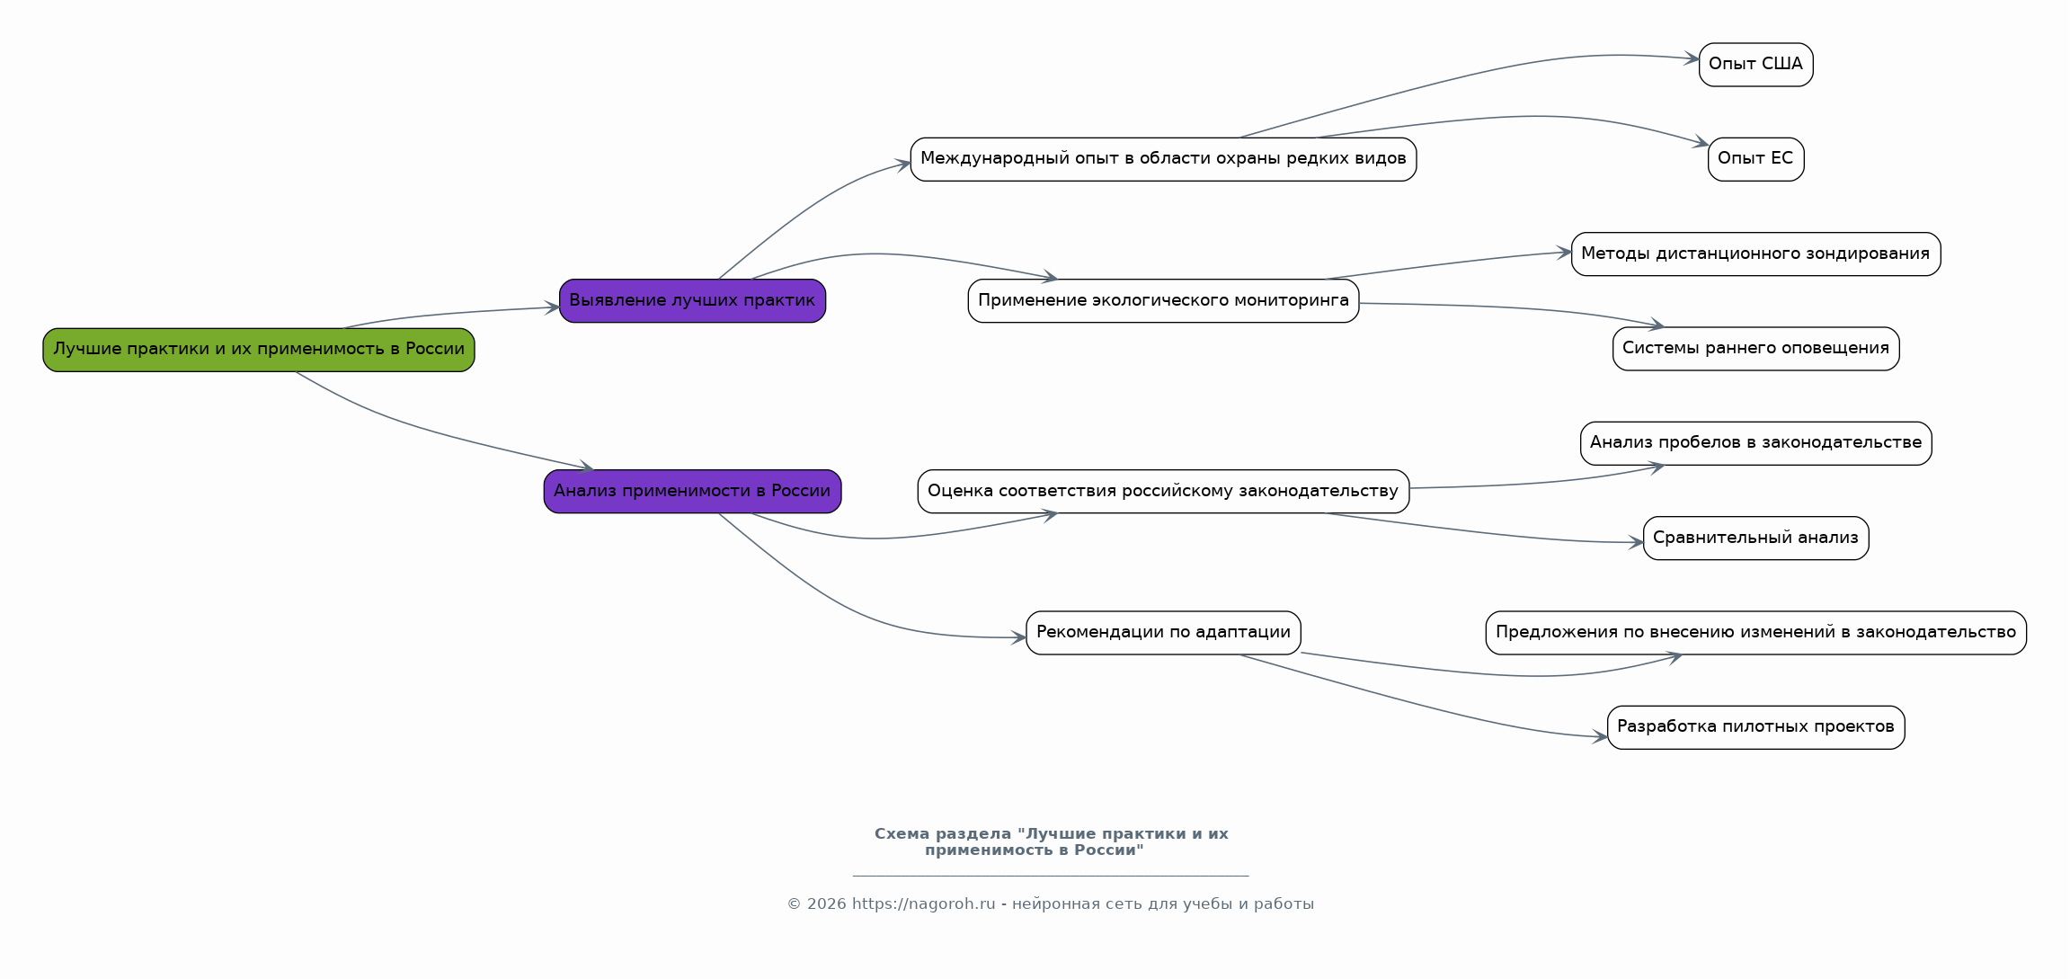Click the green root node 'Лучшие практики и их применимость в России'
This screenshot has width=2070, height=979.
(259, 350)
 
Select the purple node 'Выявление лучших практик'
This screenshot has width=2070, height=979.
(692, 301)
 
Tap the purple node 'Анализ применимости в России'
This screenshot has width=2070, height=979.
(692, 492)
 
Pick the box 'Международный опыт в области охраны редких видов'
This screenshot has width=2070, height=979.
(1163, 159)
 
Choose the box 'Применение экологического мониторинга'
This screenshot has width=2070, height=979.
(1163, 301)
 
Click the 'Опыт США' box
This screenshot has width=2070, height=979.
(1755, 65)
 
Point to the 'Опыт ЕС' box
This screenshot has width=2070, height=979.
(1755, 159)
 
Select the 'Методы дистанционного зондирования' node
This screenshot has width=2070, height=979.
(1755, 254)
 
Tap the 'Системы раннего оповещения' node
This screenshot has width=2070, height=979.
(1755, 349)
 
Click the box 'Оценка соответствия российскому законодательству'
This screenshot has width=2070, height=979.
(1163, 492)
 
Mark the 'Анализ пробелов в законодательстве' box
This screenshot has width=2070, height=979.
(1755, 443)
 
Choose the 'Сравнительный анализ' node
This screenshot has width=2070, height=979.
(1755, 538)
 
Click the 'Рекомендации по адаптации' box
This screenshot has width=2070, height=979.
(1163, 633)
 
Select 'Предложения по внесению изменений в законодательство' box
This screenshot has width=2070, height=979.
(1755, 633)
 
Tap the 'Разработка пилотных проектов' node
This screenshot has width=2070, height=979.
(1755, 727)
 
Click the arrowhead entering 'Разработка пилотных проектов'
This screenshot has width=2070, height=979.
(1600, 737)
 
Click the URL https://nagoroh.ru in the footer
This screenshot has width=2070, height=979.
(923, 904)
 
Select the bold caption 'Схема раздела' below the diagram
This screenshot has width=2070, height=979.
(943, 834)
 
